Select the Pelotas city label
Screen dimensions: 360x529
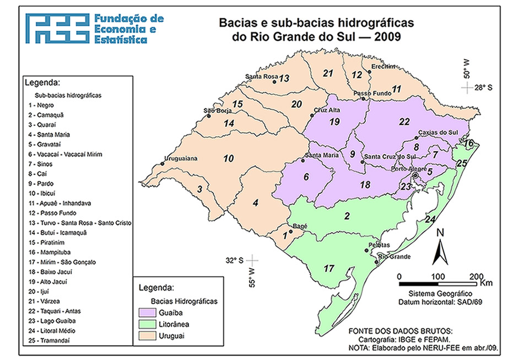click(380, 245)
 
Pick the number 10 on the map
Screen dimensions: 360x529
click(228, 159)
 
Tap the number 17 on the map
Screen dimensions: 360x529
click(329, 268)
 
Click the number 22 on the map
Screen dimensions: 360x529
click(405, 121)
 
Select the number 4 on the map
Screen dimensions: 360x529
click(255, 203)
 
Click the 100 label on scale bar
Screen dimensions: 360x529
click(438, 276)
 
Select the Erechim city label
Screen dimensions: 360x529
click(383, 67)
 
